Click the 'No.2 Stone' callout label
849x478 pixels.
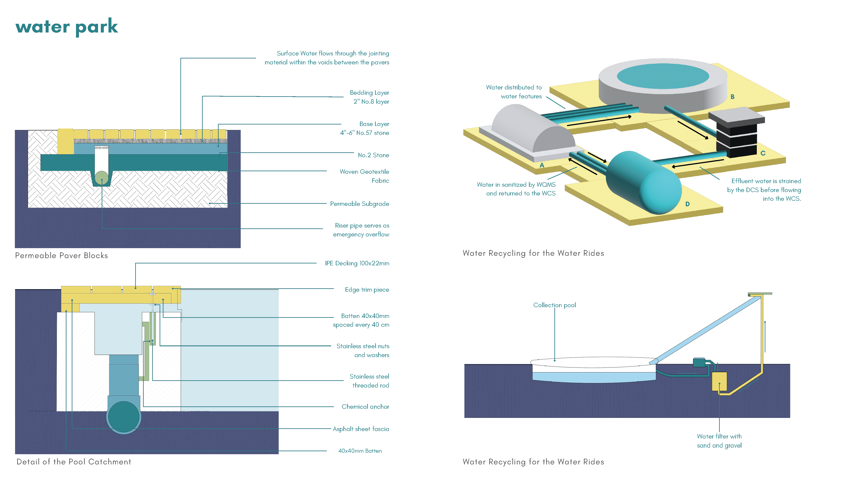[373, 155]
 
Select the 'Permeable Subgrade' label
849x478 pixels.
[359, 204]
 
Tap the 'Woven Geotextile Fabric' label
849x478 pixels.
[364, 176]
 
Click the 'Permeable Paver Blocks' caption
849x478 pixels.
[62, 255]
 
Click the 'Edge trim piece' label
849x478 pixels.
[367, 290]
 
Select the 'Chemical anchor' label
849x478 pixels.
[365, 406]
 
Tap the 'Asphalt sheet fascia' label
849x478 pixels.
[361, 429]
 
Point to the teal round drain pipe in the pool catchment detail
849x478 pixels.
[124, 417]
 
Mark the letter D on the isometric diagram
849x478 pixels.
[687, 204]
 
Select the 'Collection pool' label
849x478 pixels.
[554, 305]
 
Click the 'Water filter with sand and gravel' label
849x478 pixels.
[719, 441]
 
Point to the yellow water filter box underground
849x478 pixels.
[719, 382]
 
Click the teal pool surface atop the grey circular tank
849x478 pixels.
[662, 76]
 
